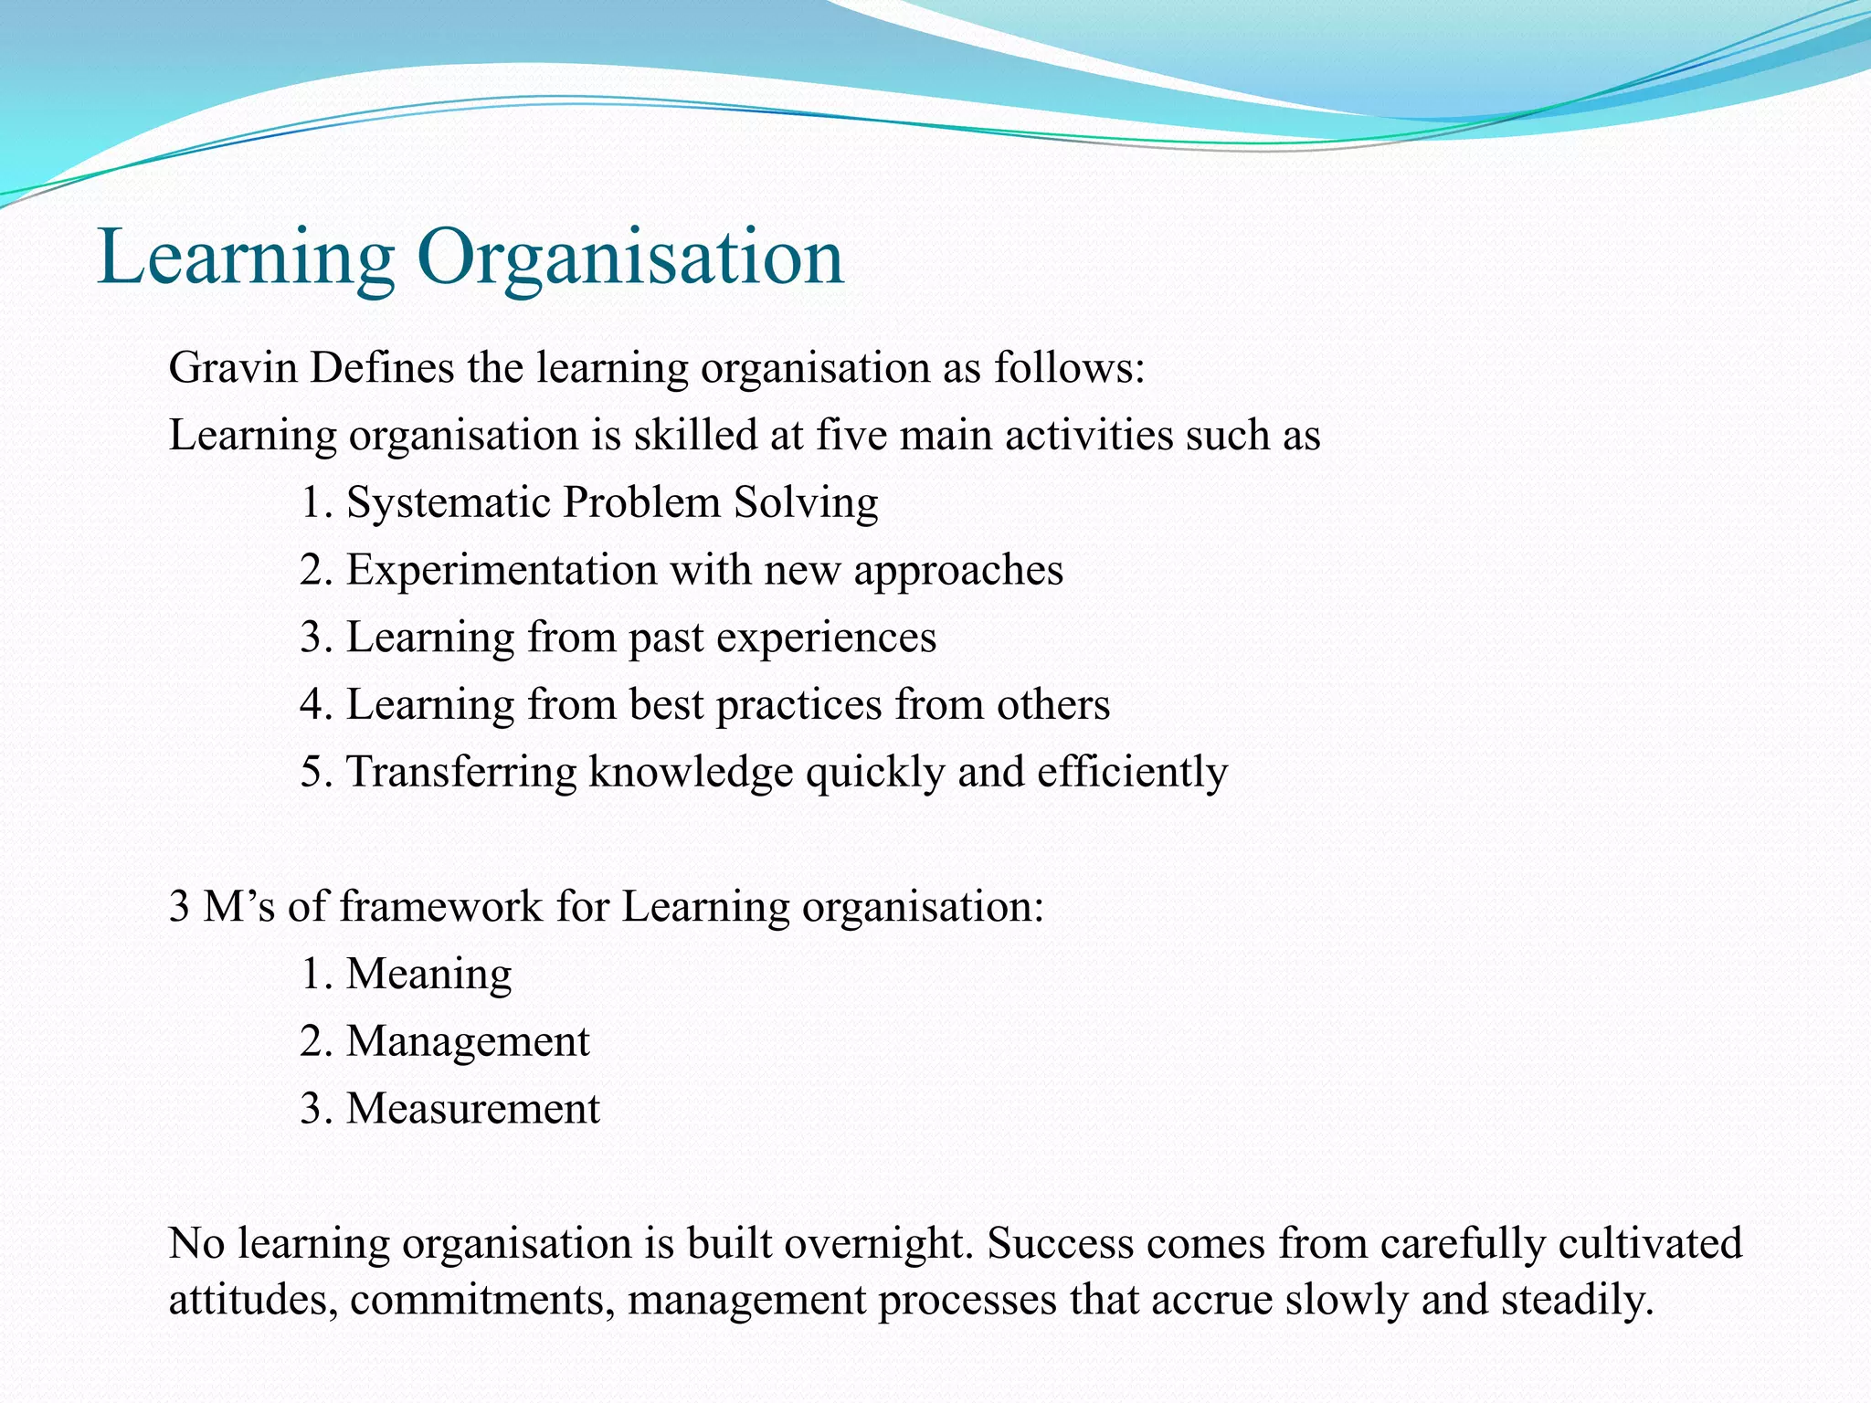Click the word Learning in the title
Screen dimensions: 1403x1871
point(246,258)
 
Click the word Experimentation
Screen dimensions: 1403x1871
point(502,570)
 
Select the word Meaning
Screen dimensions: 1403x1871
point(428,974)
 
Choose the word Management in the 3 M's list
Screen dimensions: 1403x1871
point(468,1041)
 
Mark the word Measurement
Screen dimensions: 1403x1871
point(472,1109)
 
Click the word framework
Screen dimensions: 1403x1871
point(441,907)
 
